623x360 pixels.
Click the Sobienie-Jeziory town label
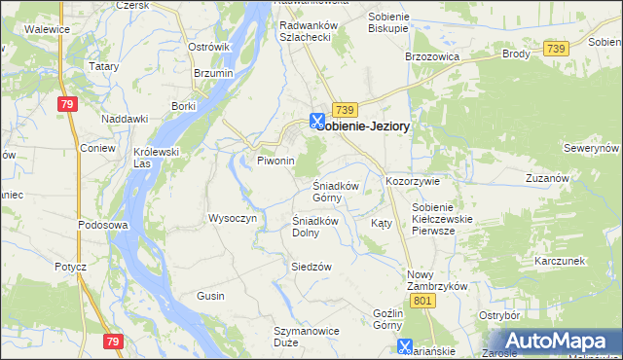tap(376, 126)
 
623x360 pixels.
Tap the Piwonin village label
tap(275, 161)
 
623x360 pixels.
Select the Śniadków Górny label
tap(336, 192)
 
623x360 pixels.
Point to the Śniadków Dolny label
tap(315, 227)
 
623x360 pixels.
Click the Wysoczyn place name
tap(232, 218)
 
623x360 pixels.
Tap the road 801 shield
tap(421, 303)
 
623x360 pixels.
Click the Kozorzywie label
tap(414, 182)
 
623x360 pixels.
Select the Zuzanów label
tap(546, 179)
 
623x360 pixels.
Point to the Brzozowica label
tap(430, 56)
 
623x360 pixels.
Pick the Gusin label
tap(210, 295)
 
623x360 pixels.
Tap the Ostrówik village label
tap(208, 47)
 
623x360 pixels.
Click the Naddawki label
tap(125, 119)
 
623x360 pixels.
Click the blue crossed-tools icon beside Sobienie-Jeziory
tap(316, 121)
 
